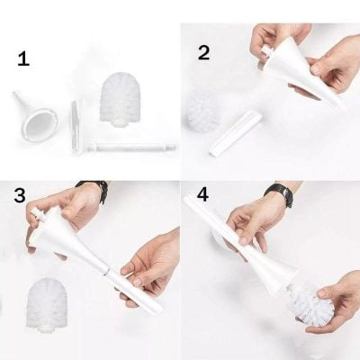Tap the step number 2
203,52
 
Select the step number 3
20,195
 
